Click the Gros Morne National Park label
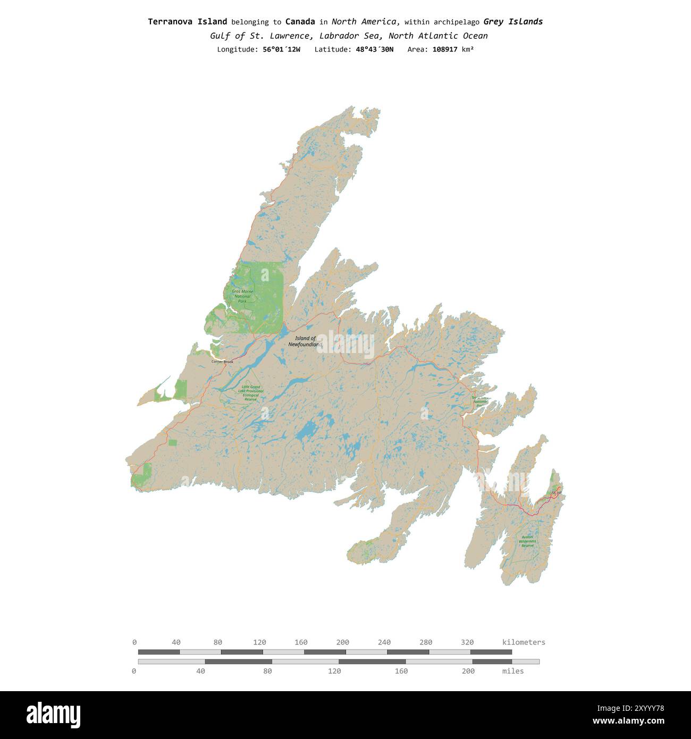[x=242, y=297]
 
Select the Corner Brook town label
[x=222, y=362]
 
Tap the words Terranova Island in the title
[x=187, y=22]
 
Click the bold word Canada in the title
[x=300, y=22]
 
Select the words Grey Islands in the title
[x=513, y=22]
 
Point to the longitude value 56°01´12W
[x=281, y=49]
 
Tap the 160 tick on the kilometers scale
[x=301, y=642]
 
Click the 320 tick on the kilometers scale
[x=467, y=642]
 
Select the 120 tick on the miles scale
[x=334, y=671]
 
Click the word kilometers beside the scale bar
[x=524, y=642]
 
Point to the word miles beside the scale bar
[x=513, y=671]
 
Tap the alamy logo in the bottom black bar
[x=54, y=715]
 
